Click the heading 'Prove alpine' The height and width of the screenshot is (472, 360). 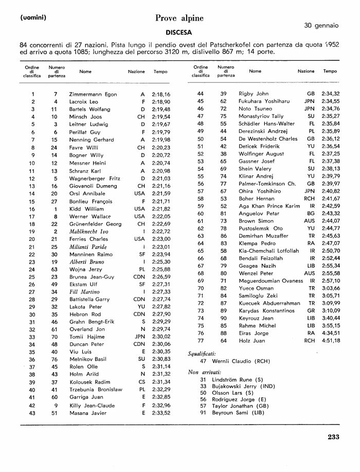click(179, 19)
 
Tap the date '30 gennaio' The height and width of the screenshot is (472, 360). click(321, 25)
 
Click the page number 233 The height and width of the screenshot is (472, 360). click(333, 438)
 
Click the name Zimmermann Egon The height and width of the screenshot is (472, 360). click(93, 95)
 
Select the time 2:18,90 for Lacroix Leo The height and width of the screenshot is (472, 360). click(161, 102)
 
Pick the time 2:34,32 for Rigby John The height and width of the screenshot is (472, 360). click(330, 94)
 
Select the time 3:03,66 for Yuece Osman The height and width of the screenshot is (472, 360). click(330, 288)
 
